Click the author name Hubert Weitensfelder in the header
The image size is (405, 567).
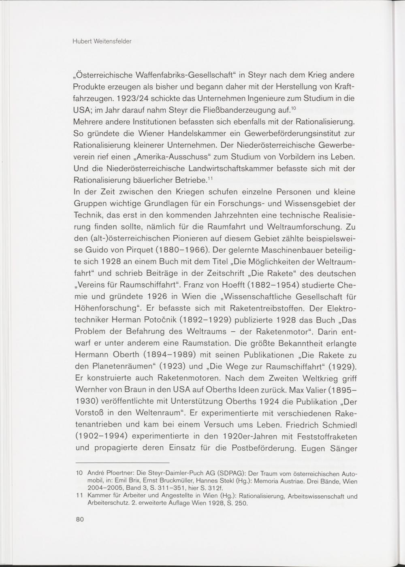click(x=102, y=41)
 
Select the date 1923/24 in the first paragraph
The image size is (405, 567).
click(x=129, y=98)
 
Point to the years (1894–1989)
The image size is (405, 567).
click(x=170, y=355)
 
